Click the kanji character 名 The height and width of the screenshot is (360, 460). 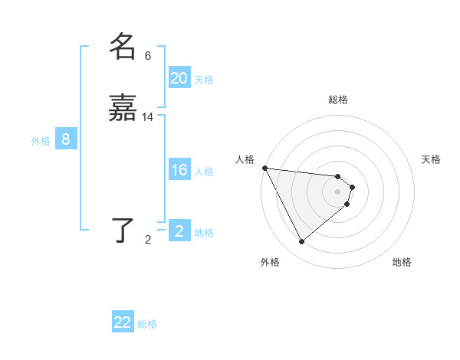tap(123, 47)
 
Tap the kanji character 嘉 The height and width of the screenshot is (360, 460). tap(123, 109)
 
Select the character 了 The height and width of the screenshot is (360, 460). tap(123, 229)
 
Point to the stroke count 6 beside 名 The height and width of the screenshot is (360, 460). tap(148, 56)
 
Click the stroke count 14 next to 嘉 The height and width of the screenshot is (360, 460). tap(148, 117)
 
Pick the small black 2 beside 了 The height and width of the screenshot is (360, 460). tap(148, 240)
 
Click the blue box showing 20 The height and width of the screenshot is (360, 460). tap(179, 78)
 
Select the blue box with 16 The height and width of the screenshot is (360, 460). tap(179, 170)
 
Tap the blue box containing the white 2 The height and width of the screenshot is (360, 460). tap(179, 231)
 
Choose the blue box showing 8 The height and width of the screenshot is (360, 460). tap(66, 139)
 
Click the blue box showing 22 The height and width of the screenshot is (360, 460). tap(123, 322)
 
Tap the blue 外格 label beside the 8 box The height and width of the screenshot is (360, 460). tap(41, 141)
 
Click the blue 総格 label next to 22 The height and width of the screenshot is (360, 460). tap(147, 324)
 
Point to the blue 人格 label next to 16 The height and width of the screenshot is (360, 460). tap(205, 172)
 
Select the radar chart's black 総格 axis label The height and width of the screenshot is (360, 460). tap(338, 100)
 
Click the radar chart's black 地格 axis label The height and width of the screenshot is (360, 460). tap(402, 262)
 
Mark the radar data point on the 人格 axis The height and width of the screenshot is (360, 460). tap(264, 168)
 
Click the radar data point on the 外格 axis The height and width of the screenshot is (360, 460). tap(301, 242)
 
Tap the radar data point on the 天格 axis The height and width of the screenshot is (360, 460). tap(352, 187)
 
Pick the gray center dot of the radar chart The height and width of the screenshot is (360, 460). tap(338, 191)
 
